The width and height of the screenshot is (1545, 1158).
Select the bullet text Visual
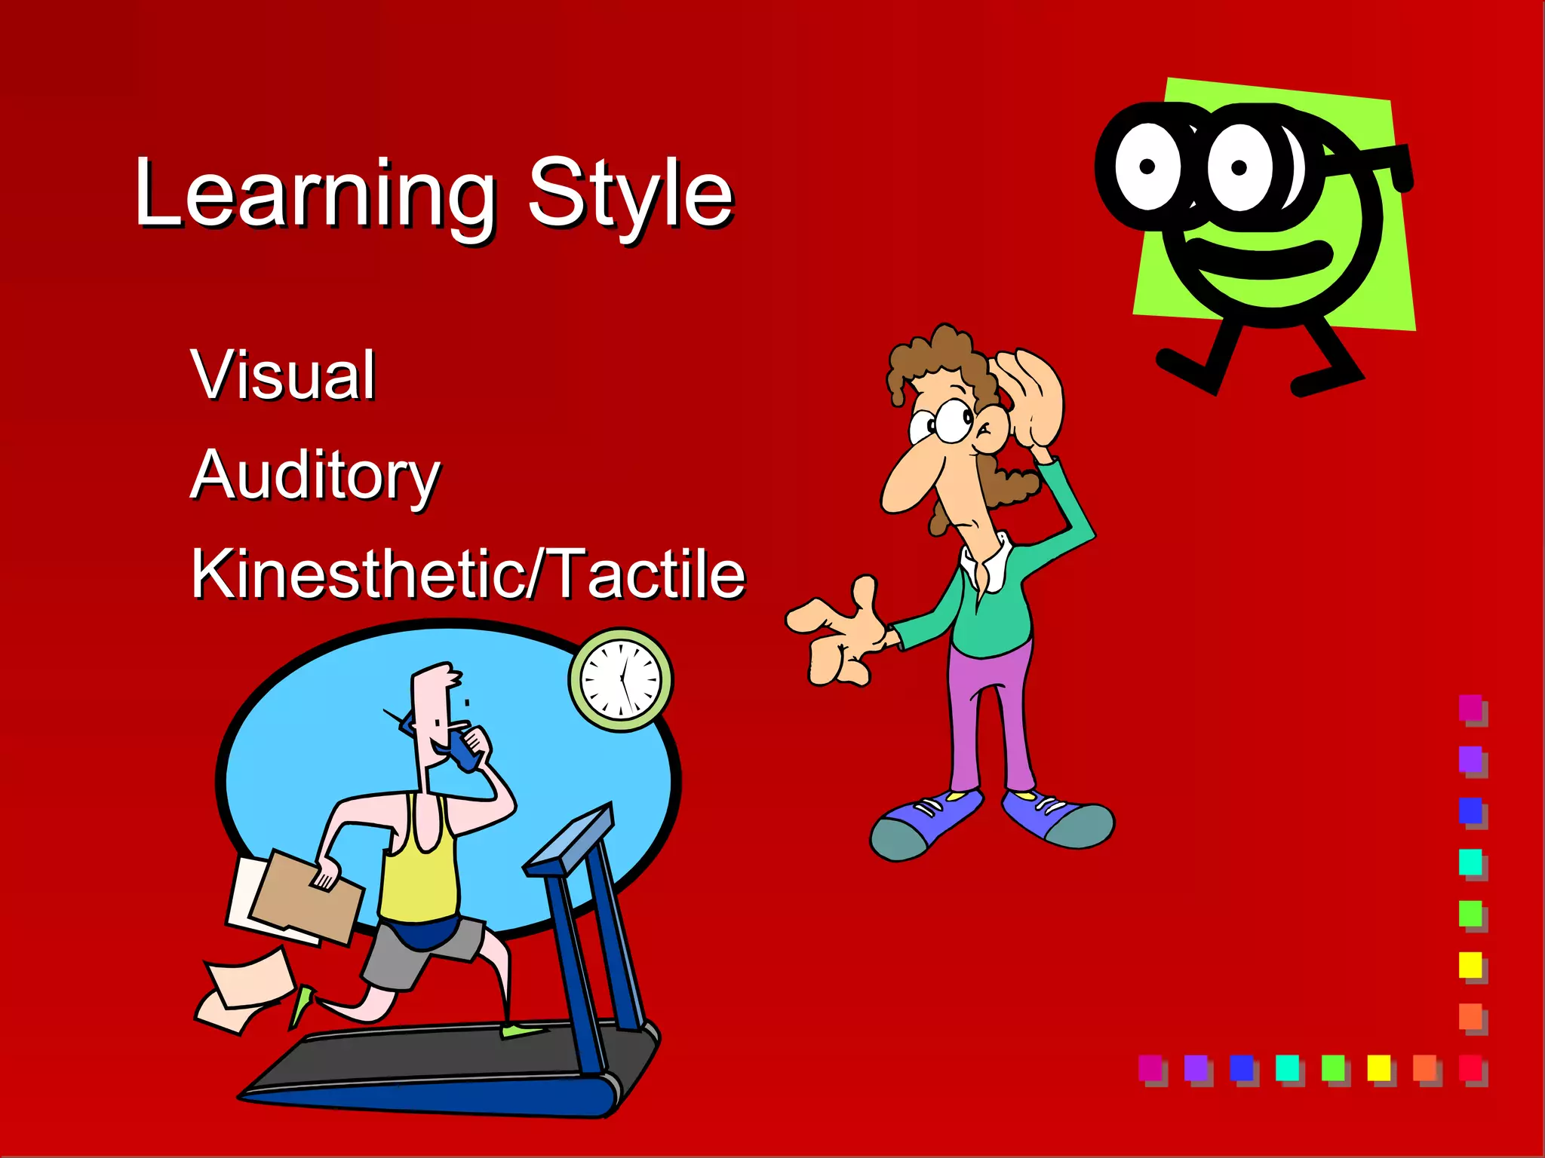coord(283,375)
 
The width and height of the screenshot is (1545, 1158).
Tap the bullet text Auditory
coord(315,475)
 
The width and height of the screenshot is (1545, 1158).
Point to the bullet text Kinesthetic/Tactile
coord(468,574)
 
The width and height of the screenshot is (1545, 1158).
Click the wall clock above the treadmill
coord(621,679)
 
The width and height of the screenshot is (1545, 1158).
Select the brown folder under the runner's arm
coord(306,897)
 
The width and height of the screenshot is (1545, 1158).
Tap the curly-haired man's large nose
coord(909,479)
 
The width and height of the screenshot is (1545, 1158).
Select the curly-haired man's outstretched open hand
coord(837,633)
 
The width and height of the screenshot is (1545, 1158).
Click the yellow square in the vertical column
coord(1470,964)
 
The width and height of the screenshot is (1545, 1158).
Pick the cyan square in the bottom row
coord(1287,1067)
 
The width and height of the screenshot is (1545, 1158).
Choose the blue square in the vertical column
coord(1470,810)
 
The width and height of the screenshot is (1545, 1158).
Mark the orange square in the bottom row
coord(1424,1067)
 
